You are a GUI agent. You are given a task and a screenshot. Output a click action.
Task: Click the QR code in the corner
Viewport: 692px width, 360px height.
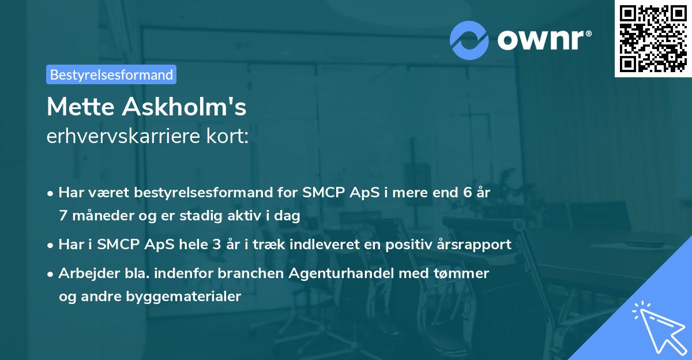(653, 39)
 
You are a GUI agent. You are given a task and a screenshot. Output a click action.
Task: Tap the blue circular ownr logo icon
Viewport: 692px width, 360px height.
(469, 40)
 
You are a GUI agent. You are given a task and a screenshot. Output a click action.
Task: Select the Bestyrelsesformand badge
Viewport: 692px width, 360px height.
(111, 74)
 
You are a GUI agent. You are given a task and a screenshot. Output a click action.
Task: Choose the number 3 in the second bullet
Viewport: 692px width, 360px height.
(216, 245)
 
